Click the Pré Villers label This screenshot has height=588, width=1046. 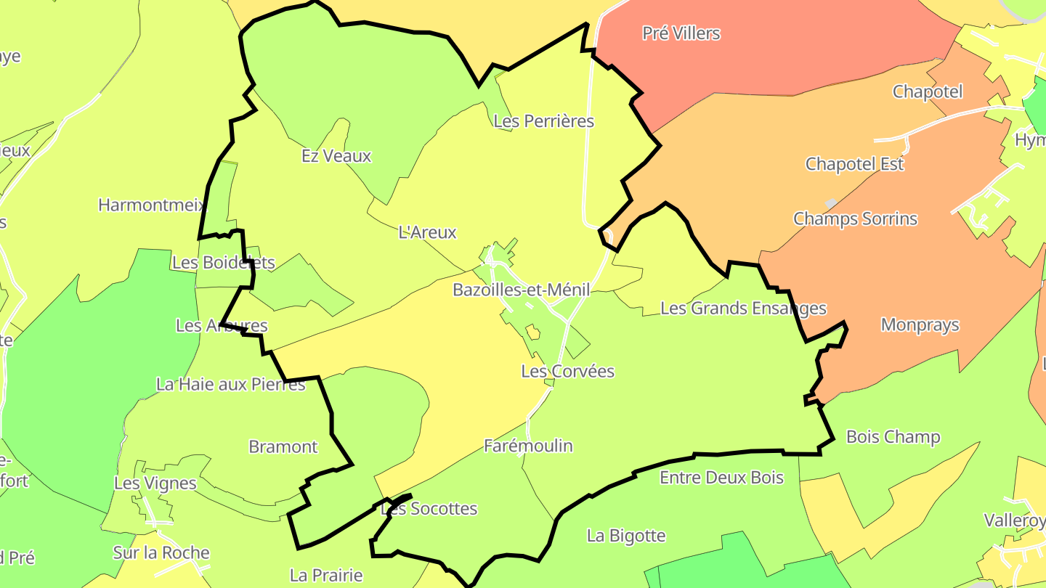(x=681, y=33)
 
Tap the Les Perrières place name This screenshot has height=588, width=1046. (x=543, y=121)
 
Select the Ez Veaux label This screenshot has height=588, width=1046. (x=336, y=156)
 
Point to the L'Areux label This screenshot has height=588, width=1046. (x=427, y=232)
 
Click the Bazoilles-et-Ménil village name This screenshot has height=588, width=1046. (x=521, y=290)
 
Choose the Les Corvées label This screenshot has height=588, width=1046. (x=567, y=372)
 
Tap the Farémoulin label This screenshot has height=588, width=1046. (x=528, y=446)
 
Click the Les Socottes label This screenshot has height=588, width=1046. (x=429, y=509)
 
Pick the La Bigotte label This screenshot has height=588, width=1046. (x=626, y=536)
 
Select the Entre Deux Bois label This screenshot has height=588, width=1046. (x=721, y=477)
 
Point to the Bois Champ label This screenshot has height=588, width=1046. (x=893, y=437)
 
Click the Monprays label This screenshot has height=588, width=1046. (x=920, y=325)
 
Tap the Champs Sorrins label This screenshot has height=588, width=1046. (x=855, y=219)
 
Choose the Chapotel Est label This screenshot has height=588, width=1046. (x=854, y=164)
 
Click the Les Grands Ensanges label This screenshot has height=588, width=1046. (x=743, y=309)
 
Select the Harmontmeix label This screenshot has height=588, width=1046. (x=151, y=205)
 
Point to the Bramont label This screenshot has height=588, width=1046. (x=283, y=446)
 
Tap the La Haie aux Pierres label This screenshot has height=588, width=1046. (x=231, y=384)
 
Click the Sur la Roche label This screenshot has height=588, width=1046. (x=161, y=553)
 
